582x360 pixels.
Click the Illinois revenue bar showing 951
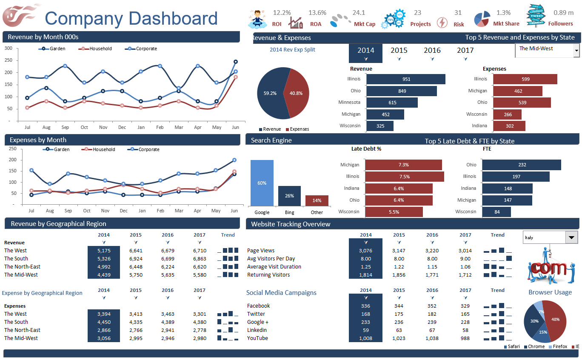tap(405, 79)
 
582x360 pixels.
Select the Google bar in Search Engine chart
tap(262, 183)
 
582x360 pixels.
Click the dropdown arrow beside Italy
tap(571, 237)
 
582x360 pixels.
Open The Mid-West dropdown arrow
tap(576, 51)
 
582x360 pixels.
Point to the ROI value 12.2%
tap(282, 13)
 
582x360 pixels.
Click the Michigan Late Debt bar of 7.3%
tap(403, 165)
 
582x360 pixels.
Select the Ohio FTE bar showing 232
tap(521, 165)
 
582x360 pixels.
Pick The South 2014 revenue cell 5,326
tap(103, 259)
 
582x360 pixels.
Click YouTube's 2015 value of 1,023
tap(399, 338)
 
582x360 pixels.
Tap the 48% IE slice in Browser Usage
tap(556, 320)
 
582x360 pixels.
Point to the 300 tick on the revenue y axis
tap(9, 48)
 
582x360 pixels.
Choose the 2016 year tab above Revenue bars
tap(432, 50)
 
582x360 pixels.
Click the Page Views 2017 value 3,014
tap(465, 251)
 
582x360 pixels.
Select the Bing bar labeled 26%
tap(289, 196)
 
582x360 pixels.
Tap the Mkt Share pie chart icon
tap(482, 19)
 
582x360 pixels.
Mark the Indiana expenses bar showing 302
tap(509, 126)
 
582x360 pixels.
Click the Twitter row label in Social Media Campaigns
tap(256, 314)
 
